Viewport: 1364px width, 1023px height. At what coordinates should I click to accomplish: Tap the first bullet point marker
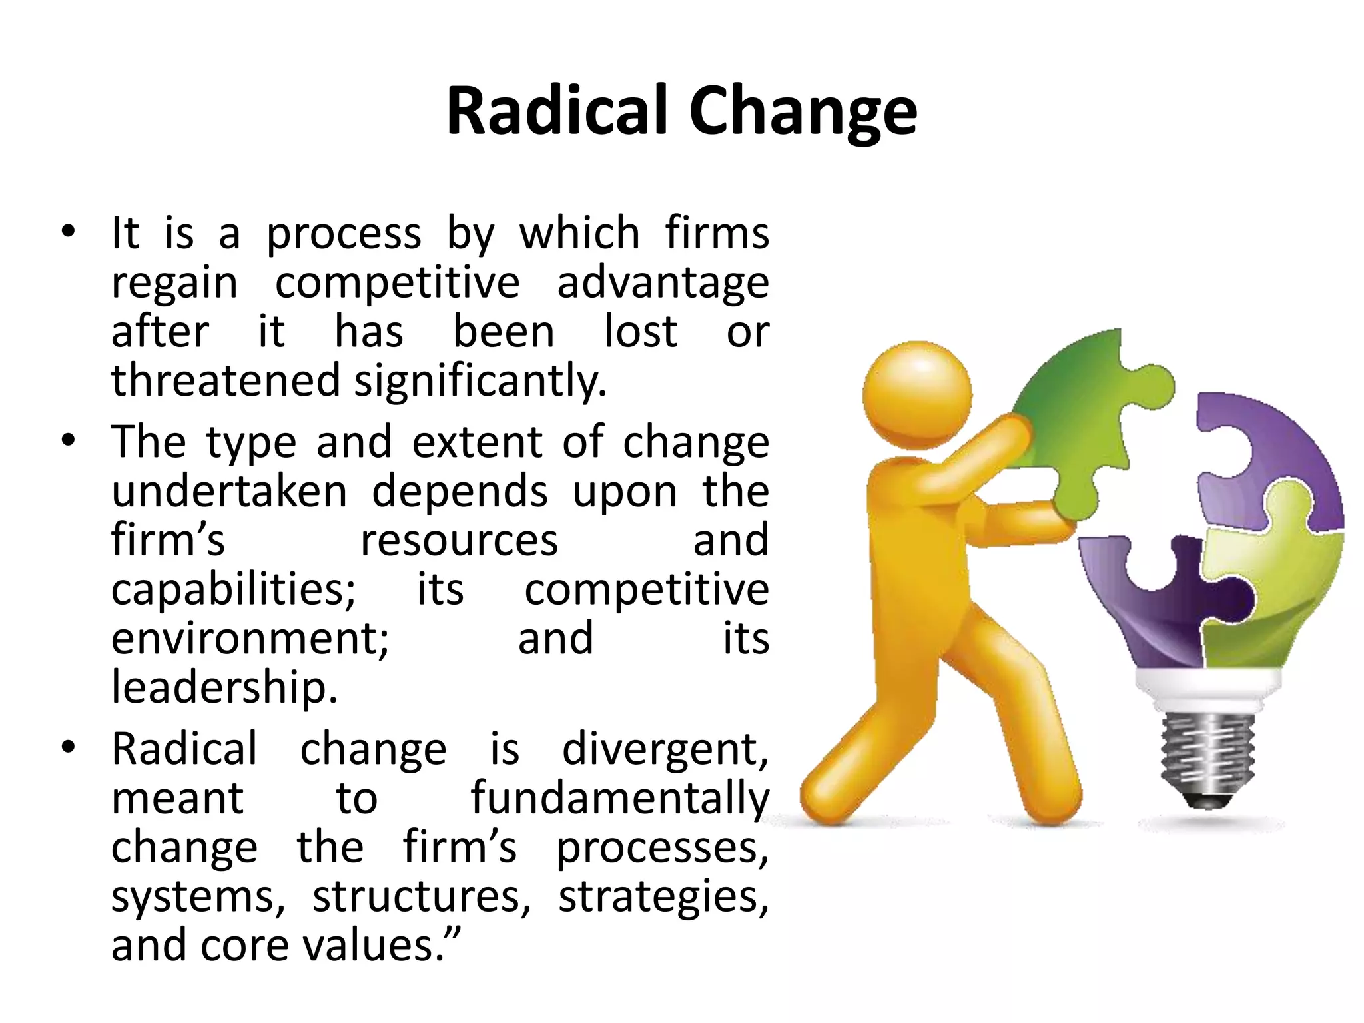click(67, 232)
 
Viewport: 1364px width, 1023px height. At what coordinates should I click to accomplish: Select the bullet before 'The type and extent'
click(67, 440)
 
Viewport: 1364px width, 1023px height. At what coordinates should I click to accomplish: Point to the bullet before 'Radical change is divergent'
click(67, 747)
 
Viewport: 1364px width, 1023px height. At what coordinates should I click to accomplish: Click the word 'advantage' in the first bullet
click(663, 283)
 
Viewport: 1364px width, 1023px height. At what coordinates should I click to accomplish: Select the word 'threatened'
click(226, 380)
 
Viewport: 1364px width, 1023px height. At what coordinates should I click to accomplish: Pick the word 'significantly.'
click(480, 382)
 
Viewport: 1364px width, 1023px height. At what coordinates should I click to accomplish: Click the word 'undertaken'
click(229, 491)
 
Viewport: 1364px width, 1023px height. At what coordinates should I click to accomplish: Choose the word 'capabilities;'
click(234, 589)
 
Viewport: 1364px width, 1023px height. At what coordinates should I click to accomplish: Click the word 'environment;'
click(250, 638)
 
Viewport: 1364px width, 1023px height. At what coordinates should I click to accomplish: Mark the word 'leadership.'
click(224, 687)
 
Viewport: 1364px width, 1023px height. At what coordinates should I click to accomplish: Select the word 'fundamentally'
click(620, 799)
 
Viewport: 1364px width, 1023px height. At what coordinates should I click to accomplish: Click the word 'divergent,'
click(665, 750)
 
